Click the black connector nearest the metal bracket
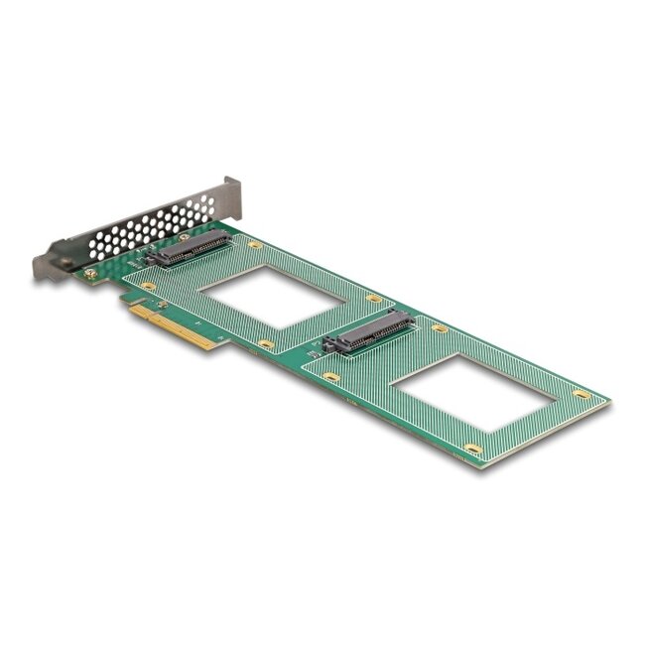coord(189,248)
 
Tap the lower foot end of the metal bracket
coord(45,267)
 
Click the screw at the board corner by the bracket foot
coord(90,272)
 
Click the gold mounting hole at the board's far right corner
coord(582,394)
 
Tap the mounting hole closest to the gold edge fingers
coord(149,287)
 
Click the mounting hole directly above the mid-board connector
coord(373,298)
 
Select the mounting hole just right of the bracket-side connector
coord(255,244)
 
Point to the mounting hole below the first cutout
coord(266,344)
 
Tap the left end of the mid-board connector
coord(329,347)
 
